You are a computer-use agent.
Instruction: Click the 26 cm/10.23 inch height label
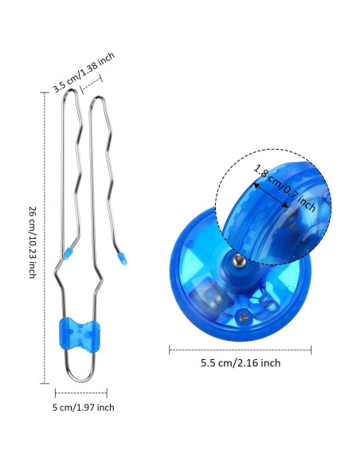tap(33, 242)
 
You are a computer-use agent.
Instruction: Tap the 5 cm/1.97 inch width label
tap(84, 408)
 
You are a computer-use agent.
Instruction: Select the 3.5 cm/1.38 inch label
tap(84, 72)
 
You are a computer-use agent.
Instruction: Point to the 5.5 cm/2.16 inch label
tap(241, 363)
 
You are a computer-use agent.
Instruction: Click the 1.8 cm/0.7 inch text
tap(284, 189)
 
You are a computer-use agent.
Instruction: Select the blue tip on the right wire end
tap(122, 259)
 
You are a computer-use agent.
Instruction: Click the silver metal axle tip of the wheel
tap(238, 261)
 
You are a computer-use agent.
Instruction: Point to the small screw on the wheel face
tap(244, 318)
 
